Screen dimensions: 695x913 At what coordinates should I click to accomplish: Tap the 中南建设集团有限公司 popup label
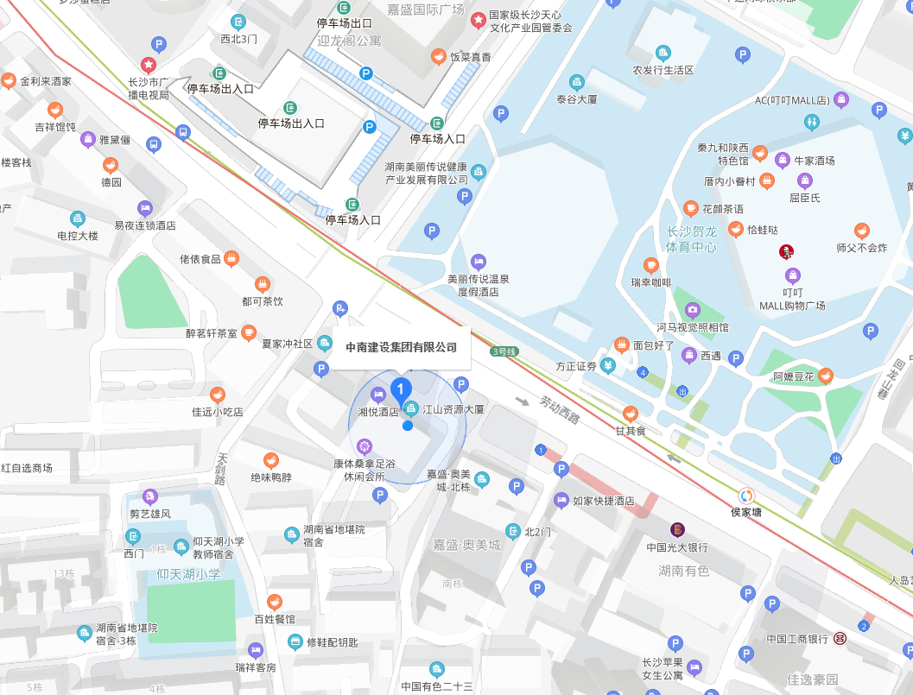401,347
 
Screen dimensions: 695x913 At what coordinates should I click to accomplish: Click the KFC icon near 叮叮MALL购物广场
785,252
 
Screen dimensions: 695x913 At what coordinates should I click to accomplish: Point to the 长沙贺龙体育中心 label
691,239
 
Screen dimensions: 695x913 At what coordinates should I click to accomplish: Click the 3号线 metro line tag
503,351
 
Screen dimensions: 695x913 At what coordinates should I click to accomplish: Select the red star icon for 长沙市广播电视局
149,64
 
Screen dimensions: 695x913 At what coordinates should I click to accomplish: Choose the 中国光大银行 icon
678,529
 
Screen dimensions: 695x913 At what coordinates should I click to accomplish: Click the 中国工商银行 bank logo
840,638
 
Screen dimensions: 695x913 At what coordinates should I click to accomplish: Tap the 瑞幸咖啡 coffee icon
651,265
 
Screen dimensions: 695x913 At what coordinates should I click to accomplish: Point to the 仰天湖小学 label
188,574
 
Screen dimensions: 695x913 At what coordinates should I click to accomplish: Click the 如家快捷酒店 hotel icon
561,500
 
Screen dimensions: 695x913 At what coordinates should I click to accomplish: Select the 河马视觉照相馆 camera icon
692,310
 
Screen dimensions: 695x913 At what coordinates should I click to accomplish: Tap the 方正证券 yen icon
608,365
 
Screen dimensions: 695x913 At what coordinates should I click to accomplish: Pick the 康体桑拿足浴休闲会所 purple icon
365,446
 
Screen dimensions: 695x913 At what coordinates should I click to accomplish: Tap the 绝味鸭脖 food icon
271,460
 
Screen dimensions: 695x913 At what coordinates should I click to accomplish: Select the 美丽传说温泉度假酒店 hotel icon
478,261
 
